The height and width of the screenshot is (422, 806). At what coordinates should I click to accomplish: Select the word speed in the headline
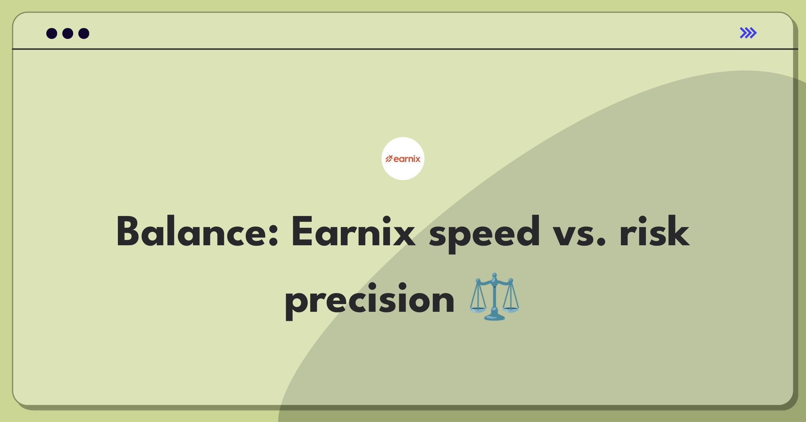pyautogui.click(x=484, y=234)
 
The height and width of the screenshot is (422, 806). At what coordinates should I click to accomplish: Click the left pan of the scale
pyautogui.click(x=478, y=308)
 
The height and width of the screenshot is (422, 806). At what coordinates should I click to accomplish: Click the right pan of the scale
pyautogui.click(x=511, y=308)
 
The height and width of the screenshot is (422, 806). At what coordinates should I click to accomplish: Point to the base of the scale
pyautogui.click(x=494, y=317)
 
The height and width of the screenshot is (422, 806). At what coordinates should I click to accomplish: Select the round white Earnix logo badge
pyautogui.click(x=403, y=159)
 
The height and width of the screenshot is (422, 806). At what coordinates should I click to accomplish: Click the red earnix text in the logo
pyautogui.click(x=407, y=159)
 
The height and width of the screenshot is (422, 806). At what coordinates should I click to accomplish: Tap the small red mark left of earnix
pyautogui.click(x=389, y=159)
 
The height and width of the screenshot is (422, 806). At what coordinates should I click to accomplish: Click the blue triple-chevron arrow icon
pyautogui.click(x=748, y=33)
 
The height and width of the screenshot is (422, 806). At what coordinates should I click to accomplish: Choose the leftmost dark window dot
pyautogui.click(x=52, y=33)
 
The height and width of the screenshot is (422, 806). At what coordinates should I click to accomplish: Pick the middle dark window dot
pyautogui.click(x=68, y=33)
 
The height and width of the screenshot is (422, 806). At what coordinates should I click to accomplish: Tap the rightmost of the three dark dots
pyautogui.click(x=84, y=33)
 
